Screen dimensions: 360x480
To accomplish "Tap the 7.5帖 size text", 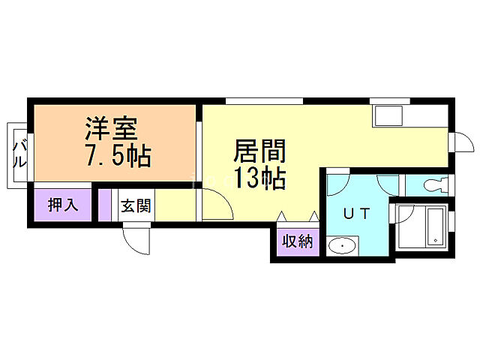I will (x=118, y=156).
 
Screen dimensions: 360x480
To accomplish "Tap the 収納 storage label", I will (x=296, y=241).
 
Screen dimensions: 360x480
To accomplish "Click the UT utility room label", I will (x=356, y=212).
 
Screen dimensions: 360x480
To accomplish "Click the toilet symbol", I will (x=431, y=184).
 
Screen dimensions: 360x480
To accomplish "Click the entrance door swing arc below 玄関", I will (x=138, y=238).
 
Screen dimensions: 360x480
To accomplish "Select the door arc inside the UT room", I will (x=338, y=184).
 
